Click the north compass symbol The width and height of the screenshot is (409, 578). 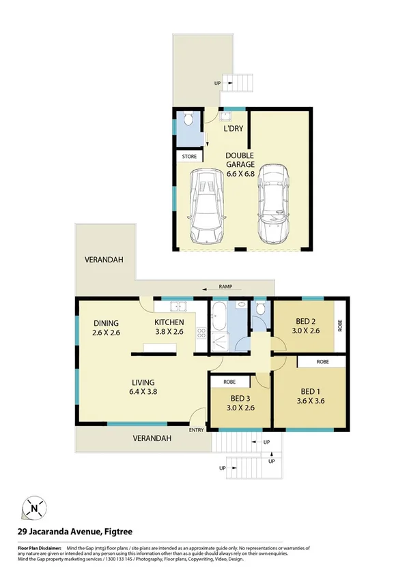click(34, 507)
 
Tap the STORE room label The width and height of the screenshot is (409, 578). click(189, 157)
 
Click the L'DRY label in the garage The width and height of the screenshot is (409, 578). click(234, 127)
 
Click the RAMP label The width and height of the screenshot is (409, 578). click(227, 287)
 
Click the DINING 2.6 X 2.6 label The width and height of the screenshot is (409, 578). click(107, 329)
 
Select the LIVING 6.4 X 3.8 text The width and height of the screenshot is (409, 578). click(143, 387)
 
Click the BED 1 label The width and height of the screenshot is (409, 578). click(310, 396)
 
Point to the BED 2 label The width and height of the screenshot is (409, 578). click(305, 326)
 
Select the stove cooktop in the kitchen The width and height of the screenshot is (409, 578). click(201, 333)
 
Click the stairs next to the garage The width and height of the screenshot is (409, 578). click(242, 84)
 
